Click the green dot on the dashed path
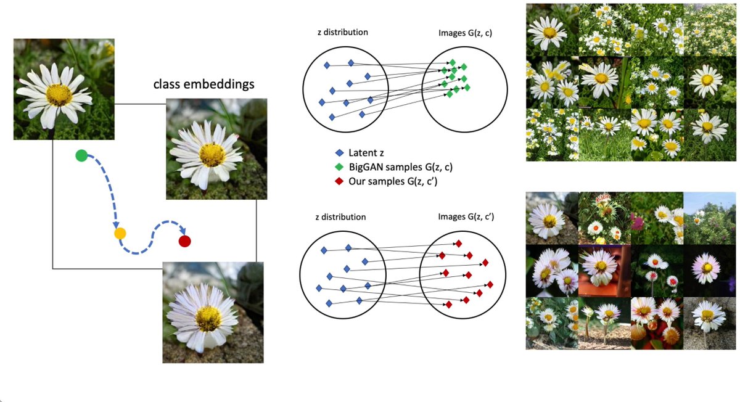tap(81, 155)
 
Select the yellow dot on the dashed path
tap(120, 234)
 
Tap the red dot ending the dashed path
tap(184, 241)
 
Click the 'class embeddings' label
tap(203, 84)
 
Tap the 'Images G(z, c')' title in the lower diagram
tap(466, 217)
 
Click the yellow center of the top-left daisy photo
tap(59, 94)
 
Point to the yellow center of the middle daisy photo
tap(212, 155)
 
